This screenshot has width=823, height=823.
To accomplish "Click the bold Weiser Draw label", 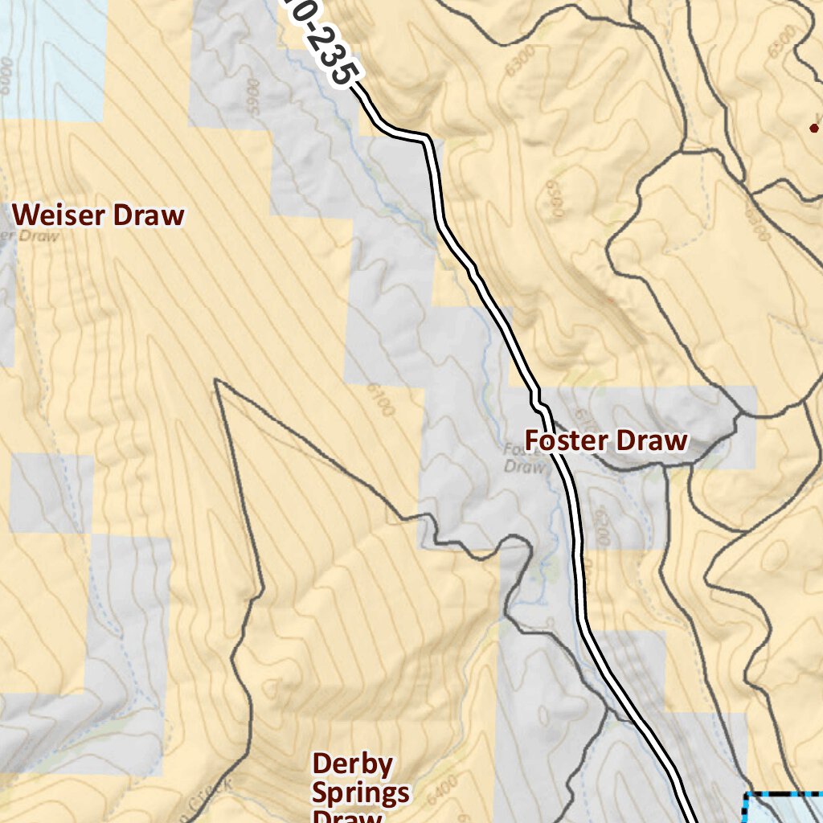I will [99, 215].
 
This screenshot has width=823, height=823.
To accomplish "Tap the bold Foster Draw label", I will [606, 440].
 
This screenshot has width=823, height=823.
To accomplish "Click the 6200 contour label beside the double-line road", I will [600, 526].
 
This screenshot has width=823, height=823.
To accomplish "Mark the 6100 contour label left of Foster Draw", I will [383, 398].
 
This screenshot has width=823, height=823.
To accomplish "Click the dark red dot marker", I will [813, 127].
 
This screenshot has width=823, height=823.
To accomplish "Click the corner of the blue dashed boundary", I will [746, 796].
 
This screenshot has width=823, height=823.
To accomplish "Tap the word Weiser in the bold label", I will [61, 215].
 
